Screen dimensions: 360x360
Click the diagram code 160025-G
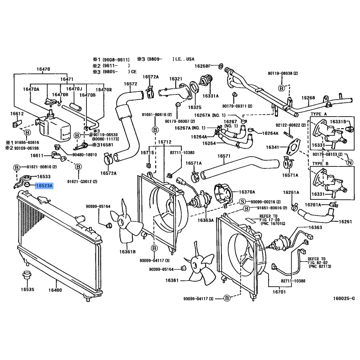344,298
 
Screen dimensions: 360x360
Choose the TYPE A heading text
320,115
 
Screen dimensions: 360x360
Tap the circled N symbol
350,162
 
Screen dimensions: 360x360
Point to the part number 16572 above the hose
130,84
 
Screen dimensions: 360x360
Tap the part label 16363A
205,220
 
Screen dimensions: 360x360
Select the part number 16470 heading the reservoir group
43,69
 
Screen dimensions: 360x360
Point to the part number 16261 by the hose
345,222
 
